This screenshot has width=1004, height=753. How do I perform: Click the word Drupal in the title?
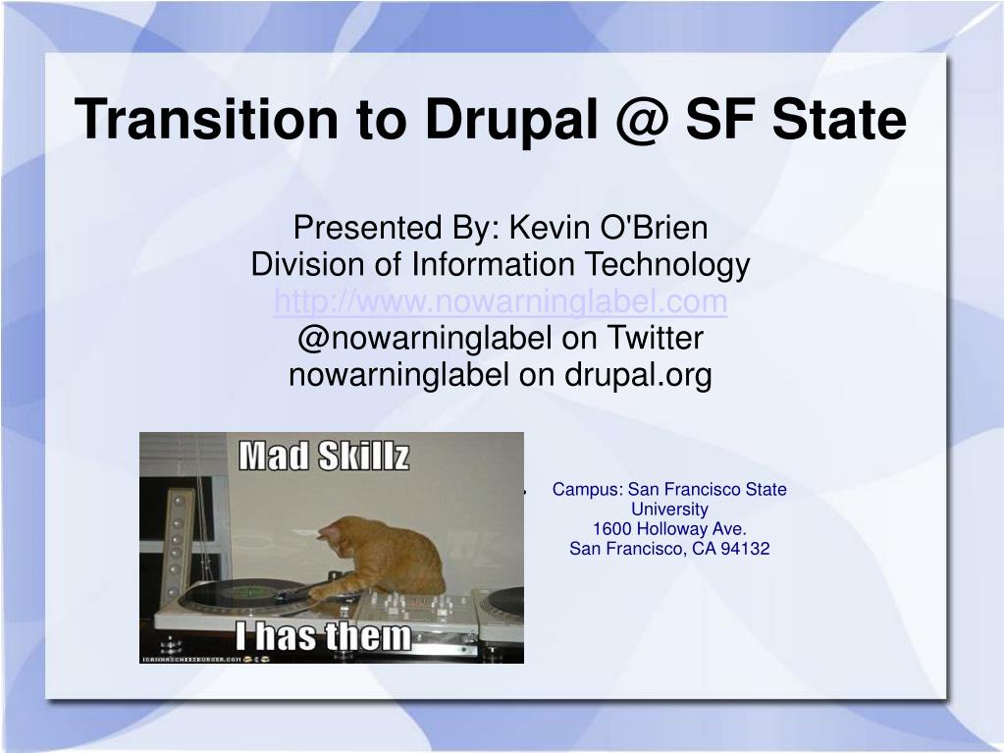pyautogui.click(x=511, y=121)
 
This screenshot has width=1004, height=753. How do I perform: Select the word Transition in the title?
pyautogui.click(x=205, y=119)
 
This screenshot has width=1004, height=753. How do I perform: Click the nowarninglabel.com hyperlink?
pyautogui.click(x=501, y=301)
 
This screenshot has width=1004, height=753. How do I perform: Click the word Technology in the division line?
pyautogui.click(x=667, y=265)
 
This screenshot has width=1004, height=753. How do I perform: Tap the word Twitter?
pyautogui.click(x=655, y=338)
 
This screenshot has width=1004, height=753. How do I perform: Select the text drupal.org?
pyautogui.click(x=638, y=375)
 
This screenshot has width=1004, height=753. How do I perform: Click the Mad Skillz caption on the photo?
pyautogui.click(x=323, y=456)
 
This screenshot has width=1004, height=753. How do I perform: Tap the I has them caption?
pyautogui.click(x=323, y=636)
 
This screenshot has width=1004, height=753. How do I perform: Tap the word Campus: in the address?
pyautogui.click(x=588, y=490)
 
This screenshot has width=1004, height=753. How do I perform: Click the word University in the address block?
pyautogui.click(x=669, y=510)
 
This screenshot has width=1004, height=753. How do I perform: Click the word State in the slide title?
pyautogui.click(x=839, y=120)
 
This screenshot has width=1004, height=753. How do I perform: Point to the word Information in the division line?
pyautogui.click(x=493, y=264)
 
